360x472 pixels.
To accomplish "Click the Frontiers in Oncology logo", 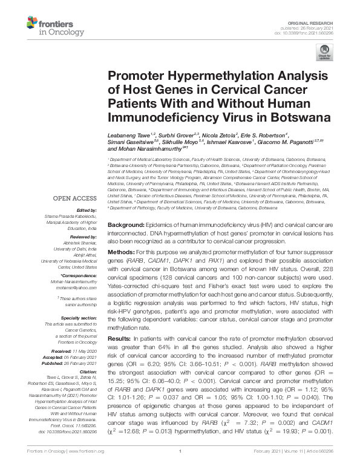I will [x=51, y=24].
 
